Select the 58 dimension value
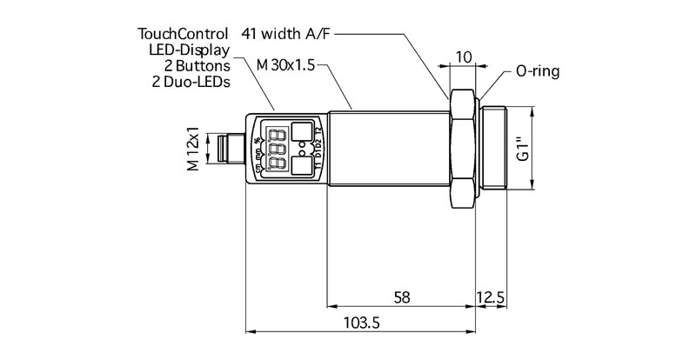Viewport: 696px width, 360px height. (x=401, y=296)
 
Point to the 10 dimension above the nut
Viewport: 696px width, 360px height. (x=464, y=57)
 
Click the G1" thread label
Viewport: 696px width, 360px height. (x=522, y=149)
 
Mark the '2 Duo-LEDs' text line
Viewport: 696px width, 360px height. (x=192, y=82)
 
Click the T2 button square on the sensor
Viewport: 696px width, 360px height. (x=301, y=131)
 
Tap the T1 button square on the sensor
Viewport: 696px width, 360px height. (x=301, y=167)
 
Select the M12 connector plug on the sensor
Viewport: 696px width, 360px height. (x=231, y=149)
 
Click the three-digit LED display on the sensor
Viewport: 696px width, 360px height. (x=278, y=149)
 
